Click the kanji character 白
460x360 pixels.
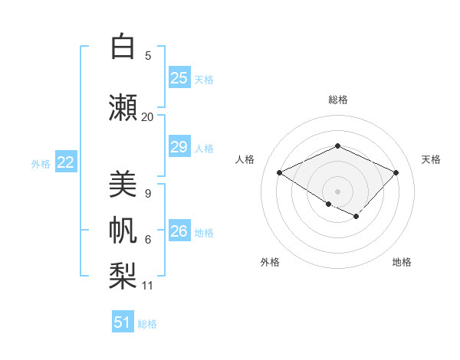point(122,47)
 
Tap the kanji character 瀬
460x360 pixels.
point(122,106)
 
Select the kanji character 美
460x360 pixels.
point(122,185)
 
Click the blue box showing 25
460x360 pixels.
point(179,78)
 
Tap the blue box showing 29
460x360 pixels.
point(179,147)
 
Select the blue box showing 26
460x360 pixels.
point(179,231)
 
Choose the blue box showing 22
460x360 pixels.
point(66,162)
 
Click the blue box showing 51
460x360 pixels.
point(123,322)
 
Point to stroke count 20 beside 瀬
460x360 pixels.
point(147,117)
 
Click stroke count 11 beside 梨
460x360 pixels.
point(148,286)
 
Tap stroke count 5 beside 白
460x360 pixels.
point(148,56)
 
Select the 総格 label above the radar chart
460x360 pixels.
point(337,100)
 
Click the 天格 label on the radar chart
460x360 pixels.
point(431,159)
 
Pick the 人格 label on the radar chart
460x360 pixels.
point(245,159)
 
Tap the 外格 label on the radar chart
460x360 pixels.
point(270,262)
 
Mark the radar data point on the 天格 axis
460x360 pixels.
point(396,172)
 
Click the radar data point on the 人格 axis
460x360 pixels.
point(280,172)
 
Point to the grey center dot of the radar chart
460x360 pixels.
point(337,191)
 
